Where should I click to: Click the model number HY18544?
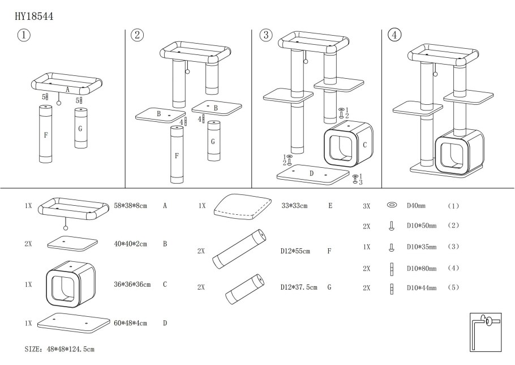click(35, 16)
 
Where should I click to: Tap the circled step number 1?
click(24, 35)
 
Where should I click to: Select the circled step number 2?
click(137, 35)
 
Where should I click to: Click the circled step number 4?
click(394, 35)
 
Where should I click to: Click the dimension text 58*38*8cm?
click(130, 206)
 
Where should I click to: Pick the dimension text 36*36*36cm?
click(132, 284)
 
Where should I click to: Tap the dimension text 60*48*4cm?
click(130, 323)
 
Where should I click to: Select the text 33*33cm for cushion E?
click(294, 206)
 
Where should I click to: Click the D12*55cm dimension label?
click(295, 251)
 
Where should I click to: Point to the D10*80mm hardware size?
click(422, 268)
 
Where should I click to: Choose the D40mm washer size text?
click(418, 206)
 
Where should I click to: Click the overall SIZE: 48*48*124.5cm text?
click(60, 349)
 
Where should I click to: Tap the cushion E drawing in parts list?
click(241, 207)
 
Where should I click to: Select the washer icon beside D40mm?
click(391, 206)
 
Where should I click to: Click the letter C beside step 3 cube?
click(364, 145)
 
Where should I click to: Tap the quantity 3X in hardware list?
click(366, 206)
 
